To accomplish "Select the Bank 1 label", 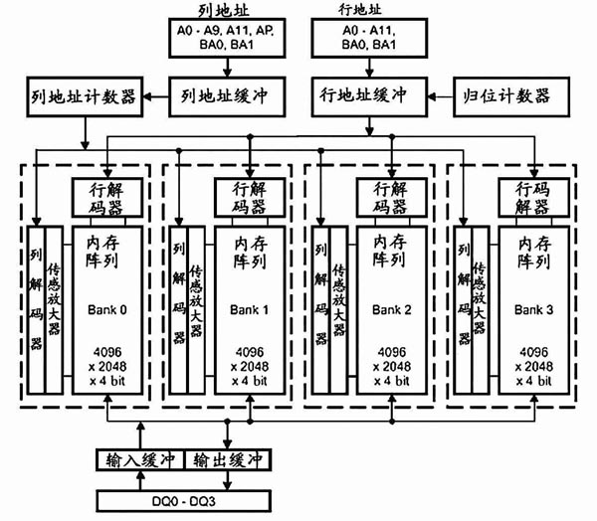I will (x=250, y=309).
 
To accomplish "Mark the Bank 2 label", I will (x=391, y=309).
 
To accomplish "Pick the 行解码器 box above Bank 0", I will (x=109, y=197).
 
